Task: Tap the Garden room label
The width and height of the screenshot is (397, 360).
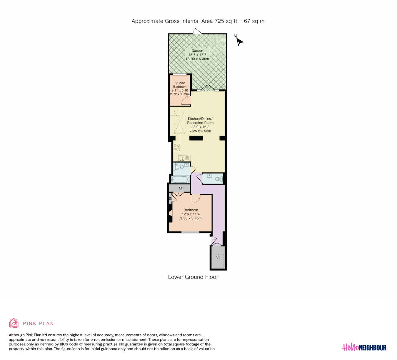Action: (x=197, y=51)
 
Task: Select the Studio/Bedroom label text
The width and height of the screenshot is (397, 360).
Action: (x=180, y=85)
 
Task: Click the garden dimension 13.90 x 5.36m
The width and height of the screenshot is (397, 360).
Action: (x=197, y=59)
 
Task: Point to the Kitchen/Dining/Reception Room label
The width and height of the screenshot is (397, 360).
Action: (x=200, y=121)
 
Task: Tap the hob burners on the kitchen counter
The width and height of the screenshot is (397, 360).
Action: (x=176, y=148)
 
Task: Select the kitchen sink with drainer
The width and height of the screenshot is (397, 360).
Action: (x=184, y=158)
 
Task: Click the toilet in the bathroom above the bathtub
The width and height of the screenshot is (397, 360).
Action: (x=180, y=167)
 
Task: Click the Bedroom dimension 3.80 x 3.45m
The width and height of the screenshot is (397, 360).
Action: (x=191, y=218)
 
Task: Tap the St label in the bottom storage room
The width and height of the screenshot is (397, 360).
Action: (x=218, y=257)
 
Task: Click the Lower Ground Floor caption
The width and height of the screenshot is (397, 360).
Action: (x=193, y=277)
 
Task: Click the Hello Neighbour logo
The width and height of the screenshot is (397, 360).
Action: (x=364, y=347)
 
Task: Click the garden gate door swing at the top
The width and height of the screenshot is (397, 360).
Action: (x=197, y=31)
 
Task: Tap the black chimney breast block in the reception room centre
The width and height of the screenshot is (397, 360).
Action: (x=196, y=138)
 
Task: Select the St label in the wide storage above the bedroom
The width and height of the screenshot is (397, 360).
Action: (x=181, y=188)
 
